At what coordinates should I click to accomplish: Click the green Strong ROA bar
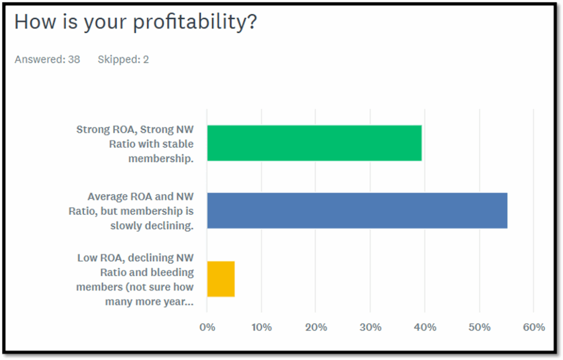[314, 143]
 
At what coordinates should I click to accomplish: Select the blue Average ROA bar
[357, 211]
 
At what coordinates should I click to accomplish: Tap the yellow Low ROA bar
[221, 279]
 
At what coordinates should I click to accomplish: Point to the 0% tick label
[207, 328]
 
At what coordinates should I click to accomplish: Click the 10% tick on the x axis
[261, 328]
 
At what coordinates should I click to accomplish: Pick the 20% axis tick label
[316, 328]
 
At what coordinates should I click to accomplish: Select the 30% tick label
[370, 328]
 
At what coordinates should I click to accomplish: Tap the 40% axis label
[424, 328]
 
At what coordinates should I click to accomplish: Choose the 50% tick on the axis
[479, 328]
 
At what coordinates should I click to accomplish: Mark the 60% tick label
[533, 328]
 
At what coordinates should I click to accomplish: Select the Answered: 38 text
[47, 59]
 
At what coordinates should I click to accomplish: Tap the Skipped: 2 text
[123, 59]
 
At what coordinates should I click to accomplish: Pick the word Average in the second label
[108, 196]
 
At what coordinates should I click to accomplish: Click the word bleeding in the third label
[174, 272]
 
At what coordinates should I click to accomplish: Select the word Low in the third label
[87, 258]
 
